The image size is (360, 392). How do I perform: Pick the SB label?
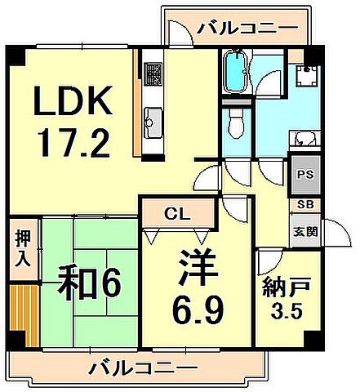pos(303,204)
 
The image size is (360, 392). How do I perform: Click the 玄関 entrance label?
pos(303,231)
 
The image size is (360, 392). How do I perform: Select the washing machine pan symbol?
pos(308,76)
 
